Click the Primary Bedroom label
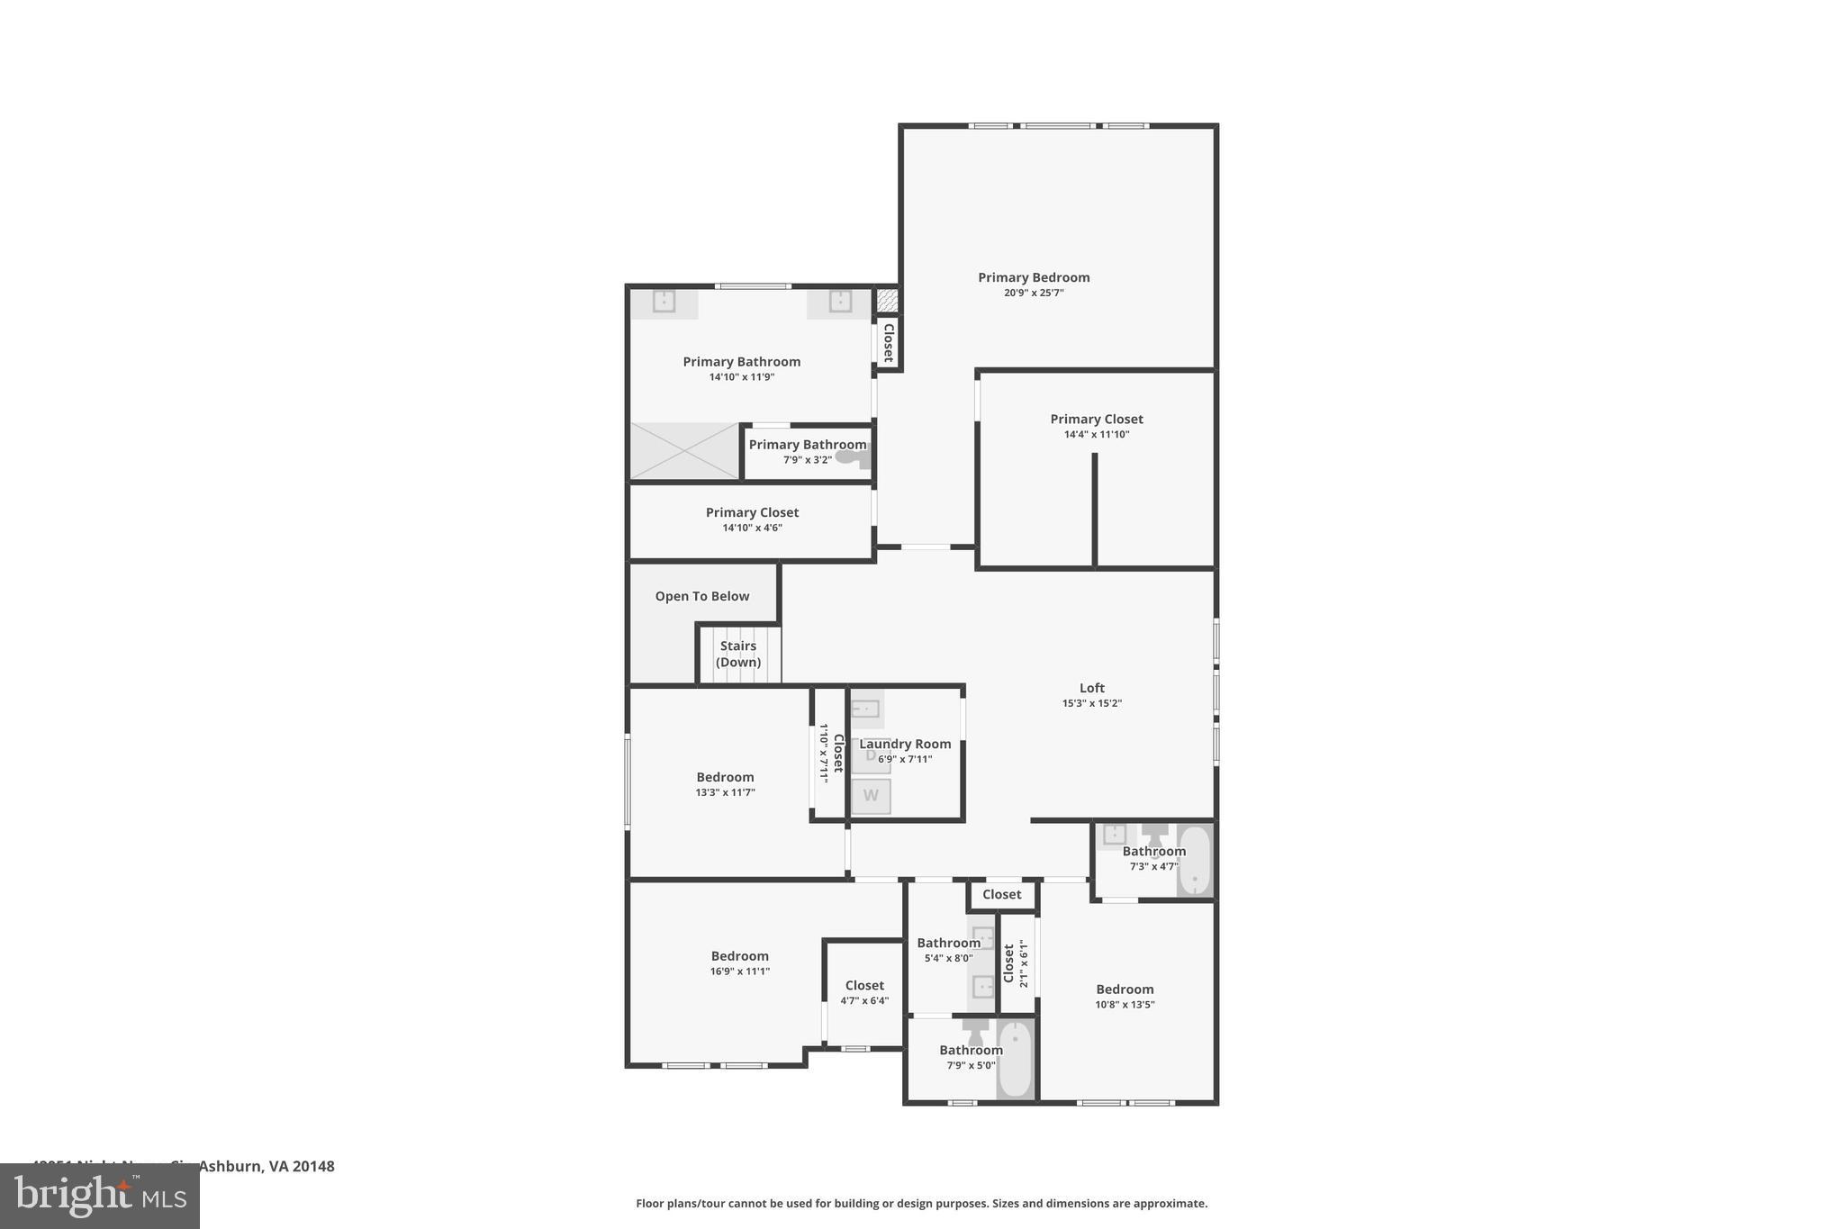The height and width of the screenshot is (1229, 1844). pyautogui.click(x=1034, y=277)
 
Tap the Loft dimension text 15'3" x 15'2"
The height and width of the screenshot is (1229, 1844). pyautogui.click(x=1091, y=703)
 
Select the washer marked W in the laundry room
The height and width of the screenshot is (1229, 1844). pyautogui.click(x=871, y=796)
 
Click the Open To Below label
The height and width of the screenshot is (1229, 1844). pyautogui.click(x=701, y=596)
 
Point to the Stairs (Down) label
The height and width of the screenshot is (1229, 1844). pyautogui.click(x=737, y=654)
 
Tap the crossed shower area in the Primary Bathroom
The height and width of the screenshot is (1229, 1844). pyautogui.click(x=683, y=451)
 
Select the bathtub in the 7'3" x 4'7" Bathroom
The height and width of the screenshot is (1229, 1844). pyautogui.click(x=1194, y=860)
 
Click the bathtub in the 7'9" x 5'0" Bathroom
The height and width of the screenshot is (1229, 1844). pyautogui.click(x=1015, y=1059)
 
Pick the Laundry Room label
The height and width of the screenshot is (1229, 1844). pyautogui.click(x=905, y=744)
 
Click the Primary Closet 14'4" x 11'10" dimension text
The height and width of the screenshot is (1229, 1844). pyautogui.click(x=1096, y=434)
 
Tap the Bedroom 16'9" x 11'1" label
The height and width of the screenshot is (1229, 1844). pyautogui.click(x=739, y=956)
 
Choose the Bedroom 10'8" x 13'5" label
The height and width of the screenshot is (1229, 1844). pyautogui.click(x=1124, y=989)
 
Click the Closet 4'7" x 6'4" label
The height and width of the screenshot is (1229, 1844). pyautogui.click(x=864, y=985)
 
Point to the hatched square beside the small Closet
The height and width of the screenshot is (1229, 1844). pyautogui.click(x=887, y=300)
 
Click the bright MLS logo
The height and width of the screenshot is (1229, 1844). pyautogui.click(x=99, y=1197)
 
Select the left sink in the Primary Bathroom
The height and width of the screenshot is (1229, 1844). pyautogui.click(x=664, y=301)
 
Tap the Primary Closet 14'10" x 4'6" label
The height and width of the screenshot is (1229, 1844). pyautogui.click(x=752, y=512)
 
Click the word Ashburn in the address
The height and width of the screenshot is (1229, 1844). pyautogui.click(x=229, y=1166)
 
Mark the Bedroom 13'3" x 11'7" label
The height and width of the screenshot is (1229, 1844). pyautogui.click(x=725, y=777)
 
